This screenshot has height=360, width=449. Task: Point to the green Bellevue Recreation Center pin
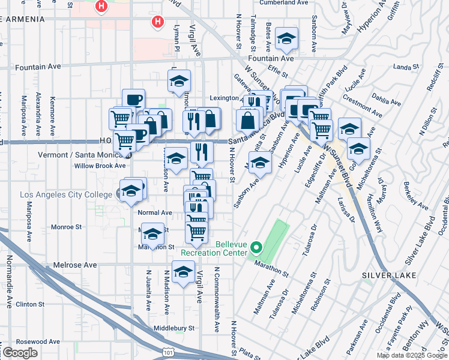[256, 247]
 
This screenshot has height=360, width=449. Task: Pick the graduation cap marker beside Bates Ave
[287, 40]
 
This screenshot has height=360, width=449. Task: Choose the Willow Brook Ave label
[100, 166]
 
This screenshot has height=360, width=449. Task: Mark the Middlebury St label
[174, 328]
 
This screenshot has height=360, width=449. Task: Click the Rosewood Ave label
[38, 341]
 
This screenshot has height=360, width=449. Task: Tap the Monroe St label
[66, 227]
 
